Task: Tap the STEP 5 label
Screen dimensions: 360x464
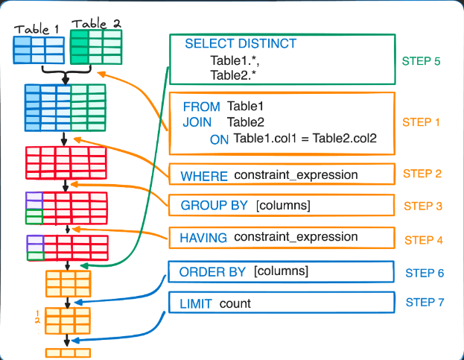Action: pos(422,61)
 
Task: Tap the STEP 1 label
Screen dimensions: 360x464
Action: pos(422,121)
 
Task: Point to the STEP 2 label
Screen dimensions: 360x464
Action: pos(422,174)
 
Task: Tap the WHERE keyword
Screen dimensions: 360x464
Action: pos(205,176)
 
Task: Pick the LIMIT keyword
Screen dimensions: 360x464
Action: pos(196,303)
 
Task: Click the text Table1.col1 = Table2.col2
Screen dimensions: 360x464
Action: pos(305,139)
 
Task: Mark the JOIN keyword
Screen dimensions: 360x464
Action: pos(197,122)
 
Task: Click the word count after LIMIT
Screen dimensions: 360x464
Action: pos(235,303)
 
